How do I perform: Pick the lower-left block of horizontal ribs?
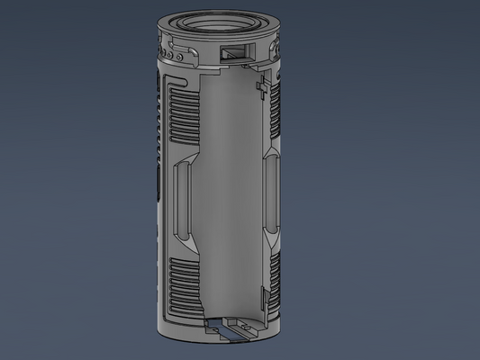(182, 286)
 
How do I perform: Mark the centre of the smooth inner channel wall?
(225, 198)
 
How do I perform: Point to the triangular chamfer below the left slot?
(186, 244)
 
